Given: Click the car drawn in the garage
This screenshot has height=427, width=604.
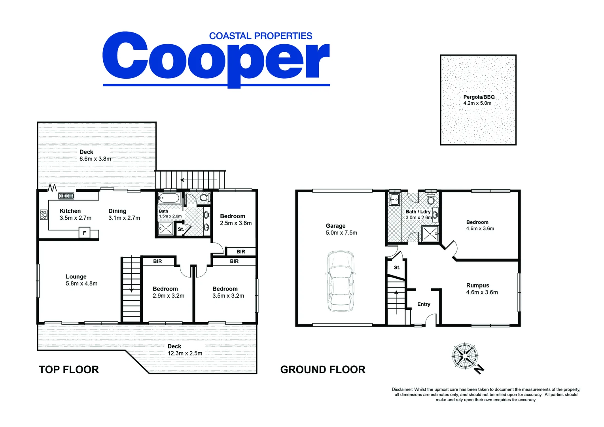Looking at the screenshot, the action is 341,281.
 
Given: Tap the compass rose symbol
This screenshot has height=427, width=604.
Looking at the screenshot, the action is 466,357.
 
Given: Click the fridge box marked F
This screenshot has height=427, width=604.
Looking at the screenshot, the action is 84,233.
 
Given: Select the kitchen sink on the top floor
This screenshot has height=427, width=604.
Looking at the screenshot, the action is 66,196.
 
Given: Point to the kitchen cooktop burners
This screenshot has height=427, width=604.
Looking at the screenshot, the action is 44,215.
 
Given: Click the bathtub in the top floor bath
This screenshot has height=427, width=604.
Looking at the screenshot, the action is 169,198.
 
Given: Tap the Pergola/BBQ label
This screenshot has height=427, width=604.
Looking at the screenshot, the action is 479,97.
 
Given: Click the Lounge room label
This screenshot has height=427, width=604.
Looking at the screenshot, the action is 76,277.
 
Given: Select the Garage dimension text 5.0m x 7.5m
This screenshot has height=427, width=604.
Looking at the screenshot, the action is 341,232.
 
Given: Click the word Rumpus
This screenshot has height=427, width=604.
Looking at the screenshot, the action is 477,285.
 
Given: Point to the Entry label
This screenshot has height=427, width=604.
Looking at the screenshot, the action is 424,304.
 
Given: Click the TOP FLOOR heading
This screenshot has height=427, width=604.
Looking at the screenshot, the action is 69,370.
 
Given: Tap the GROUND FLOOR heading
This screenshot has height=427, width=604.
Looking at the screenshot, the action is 323,370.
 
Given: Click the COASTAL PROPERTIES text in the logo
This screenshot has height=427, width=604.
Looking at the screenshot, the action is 261,36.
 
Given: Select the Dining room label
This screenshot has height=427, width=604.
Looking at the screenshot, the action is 117,211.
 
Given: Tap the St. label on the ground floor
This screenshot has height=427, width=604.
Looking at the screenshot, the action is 397,267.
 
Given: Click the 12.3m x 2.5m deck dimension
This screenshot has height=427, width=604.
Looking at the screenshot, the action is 185,353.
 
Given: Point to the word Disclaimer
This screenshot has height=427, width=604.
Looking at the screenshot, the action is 402,389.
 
